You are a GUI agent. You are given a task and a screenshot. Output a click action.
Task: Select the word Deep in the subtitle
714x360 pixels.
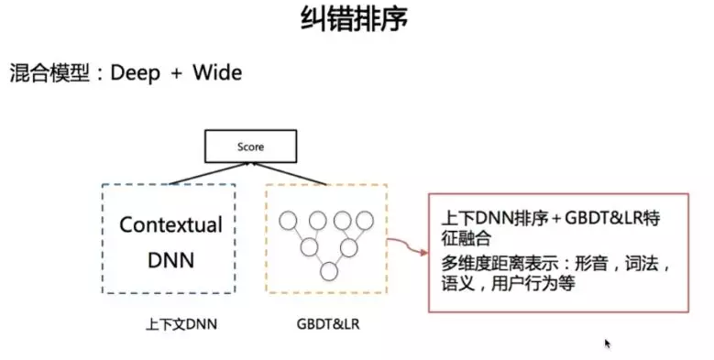(136, 73)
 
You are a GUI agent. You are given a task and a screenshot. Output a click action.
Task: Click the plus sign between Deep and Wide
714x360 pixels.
(177, 74)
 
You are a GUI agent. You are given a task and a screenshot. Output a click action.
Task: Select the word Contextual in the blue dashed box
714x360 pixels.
(170, 225)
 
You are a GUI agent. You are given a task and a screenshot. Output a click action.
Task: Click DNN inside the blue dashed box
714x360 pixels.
(171, 260)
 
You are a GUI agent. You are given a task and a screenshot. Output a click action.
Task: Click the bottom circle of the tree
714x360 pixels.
(329, 271)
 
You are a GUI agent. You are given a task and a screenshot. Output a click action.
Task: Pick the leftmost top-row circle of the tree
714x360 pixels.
(289, 220)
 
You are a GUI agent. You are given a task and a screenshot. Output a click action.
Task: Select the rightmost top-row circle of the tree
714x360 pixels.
(366, 220)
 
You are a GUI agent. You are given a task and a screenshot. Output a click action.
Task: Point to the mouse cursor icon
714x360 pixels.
(607, 344)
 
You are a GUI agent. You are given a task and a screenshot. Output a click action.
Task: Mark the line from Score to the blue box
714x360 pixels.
(198, 171)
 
